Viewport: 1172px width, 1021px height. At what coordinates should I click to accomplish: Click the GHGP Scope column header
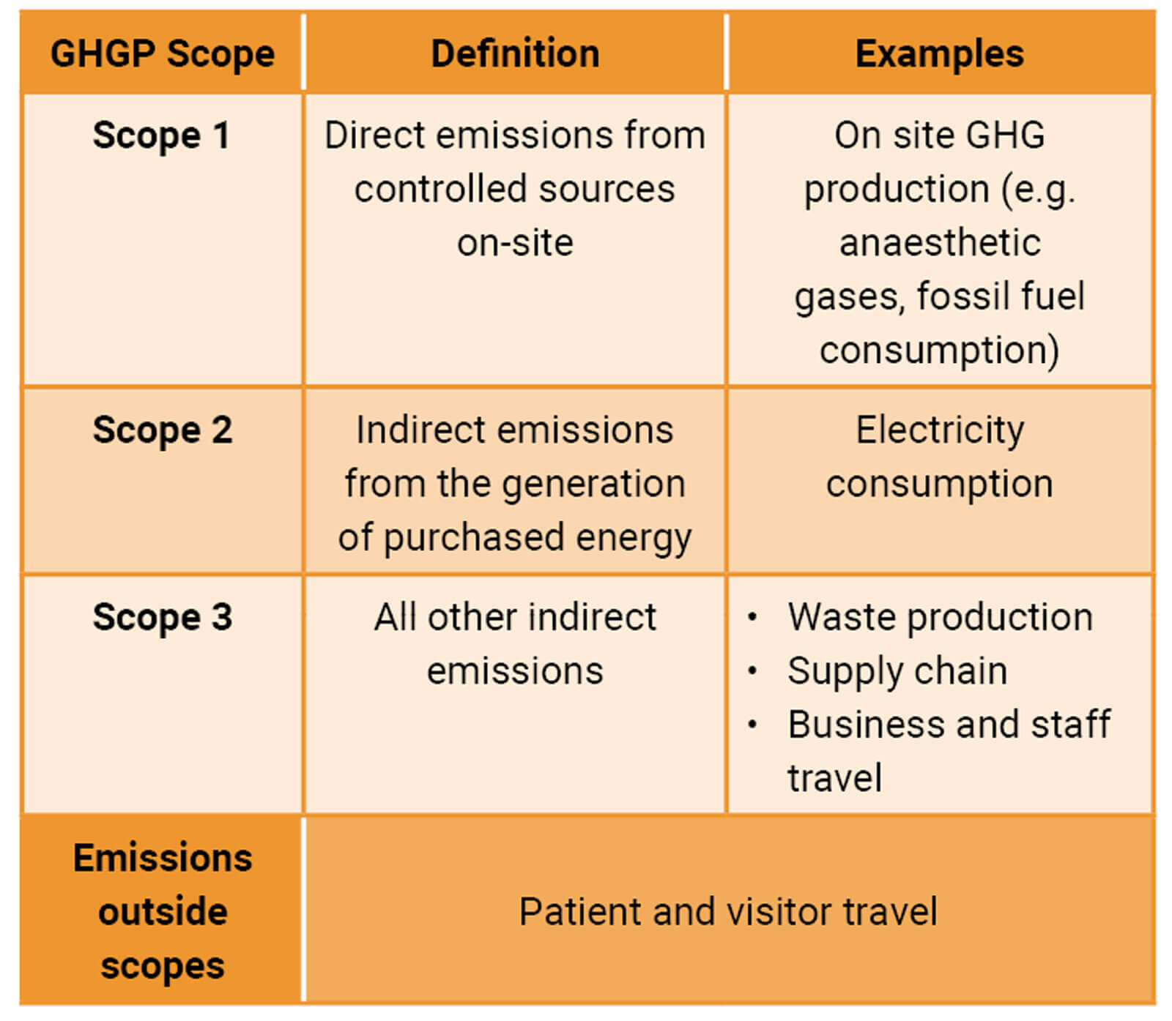(163, 54)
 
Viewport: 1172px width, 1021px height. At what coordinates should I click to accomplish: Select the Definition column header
(515, 53)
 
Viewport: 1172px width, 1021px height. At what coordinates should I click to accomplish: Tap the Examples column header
(940, 53)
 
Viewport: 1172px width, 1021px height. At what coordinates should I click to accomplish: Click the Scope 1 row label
(161, 135)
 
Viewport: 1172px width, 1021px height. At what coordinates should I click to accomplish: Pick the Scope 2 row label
(162, 430)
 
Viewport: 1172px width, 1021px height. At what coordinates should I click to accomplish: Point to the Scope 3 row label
(162, 617)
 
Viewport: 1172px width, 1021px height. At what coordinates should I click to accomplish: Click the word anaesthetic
(940, 242)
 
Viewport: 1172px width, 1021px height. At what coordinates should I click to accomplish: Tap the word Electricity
(940, 430)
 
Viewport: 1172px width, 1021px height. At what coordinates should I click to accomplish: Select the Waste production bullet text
(941, 617)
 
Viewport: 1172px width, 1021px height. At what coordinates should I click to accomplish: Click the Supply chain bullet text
(897, 671)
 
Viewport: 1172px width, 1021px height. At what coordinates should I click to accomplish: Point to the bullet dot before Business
(752, 725)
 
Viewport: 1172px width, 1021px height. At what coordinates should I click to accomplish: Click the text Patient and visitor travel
(728, 912)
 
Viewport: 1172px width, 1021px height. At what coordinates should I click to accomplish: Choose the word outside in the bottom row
(163, 912)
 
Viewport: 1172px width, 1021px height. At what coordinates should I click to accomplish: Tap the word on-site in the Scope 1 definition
(515, 243)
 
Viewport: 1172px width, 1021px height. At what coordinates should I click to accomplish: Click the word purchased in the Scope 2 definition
(475, 538)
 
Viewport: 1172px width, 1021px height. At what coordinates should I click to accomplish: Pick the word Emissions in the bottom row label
(163, 858)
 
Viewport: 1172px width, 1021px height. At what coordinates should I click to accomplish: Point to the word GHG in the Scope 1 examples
(1005, 135)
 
